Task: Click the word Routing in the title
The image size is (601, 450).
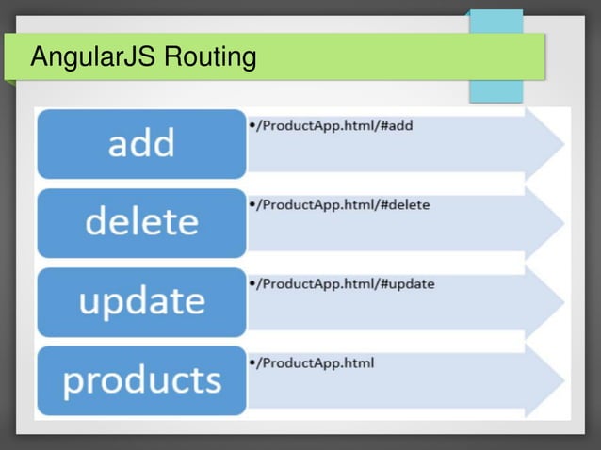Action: tap(210, 58)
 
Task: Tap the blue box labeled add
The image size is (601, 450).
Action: tap(141, 143)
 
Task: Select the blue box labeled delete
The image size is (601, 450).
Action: tap(141, 222)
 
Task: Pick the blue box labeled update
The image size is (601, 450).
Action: tap(141, 301)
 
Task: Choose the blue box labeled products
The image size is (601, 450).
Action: tap(141, 380)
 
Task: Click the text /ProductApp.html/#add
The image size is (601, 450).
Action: tap(336, 125)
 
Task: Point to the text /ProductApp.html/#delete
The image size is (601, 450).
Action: tap(344, 204)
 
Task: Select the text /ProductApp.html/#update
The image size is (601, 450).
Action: tap(347, 283)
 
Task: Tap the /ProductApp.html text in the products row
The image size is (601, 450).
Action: tap(317, 363)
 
